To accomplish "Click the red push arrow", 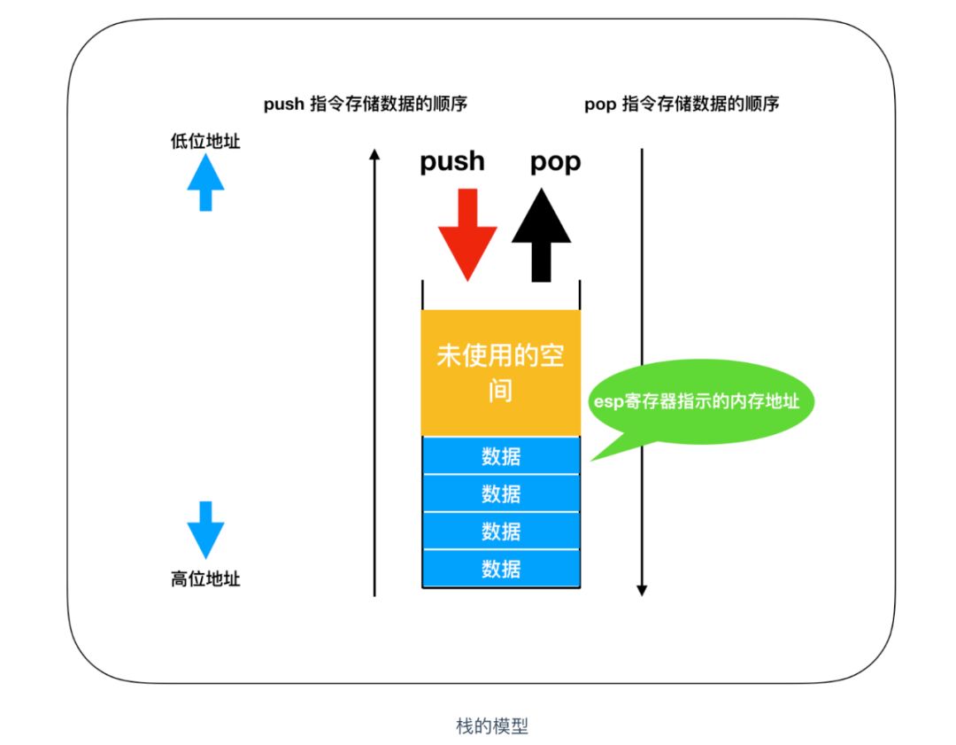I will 467,235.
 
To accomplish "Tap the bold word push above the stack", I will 452,161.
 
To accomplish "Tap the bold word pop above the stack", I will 555,162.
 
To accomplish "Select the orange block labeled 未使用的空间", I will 501,372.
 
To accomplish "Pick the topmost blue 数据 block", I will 501,456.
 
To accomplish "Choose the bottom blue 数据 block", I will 501,569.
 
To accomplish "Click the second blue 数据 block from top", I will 501,493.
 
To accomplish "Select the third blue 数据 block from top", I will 501,532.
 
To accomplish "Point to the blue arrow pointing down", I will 205,529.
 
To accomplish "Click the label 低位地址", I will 205,141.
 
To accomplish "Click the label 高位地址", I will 205,580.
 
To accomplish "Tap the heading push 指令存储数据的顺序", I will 366,105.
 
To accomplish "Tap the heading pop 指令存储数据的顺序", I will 682,105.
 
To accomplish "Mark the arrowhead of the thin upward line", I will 374,155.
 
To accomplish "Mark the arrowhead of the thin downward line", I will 642,590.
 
